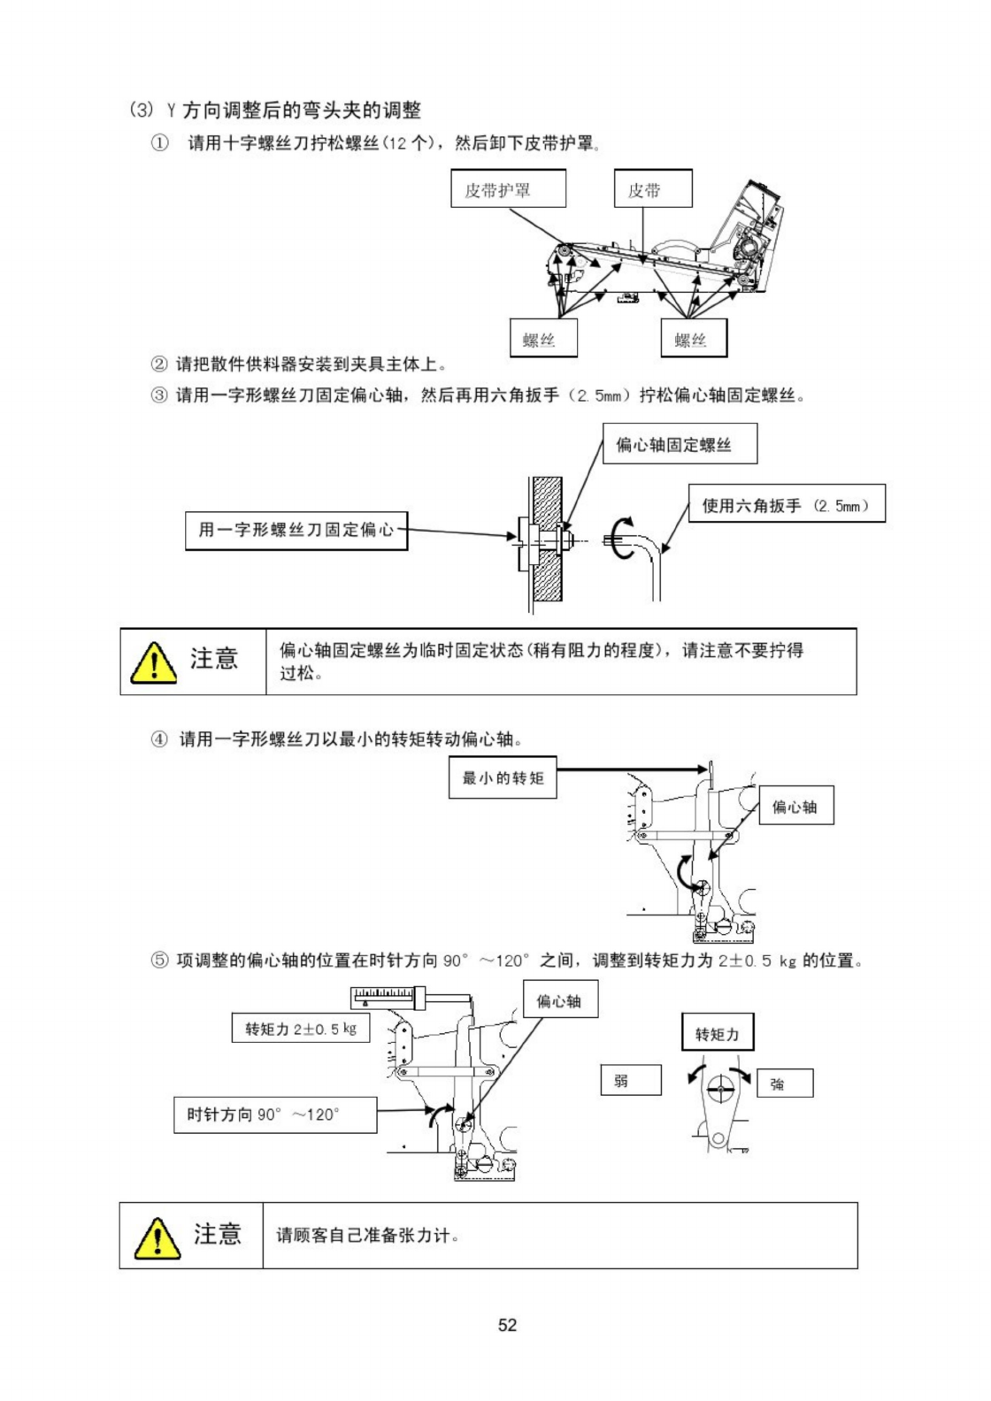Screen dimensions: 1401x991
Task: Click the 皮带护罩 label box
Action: click(509, 189)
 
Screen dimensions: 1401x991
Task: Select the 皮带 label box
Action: click(653, 189)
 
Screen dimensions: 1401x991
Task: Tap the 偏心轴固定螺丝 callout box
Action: click(680, 444)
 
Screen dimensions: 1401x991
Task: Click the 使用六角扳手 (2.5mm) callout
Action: click(787, 505)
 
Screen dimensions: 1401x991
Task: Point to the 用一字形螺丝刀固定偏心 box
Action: click(296, 530)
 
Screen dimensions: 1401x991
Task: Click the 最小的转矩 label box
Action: click(503, 778)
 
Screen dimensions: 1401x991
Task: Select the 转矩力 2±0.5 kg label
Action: click(301, 1029)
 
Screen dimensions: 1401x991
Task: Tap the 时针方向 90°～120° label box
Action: click(275, 1114)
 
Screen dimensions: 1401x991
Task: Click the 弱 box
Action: click(631, 1080)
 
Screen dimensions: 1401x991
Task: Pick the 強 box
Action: click(783, 1083)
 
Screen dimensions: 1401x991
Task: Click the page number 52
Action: click(507, 1324)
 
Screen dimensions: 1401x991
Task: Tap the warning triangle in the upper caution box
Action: click(153, 662)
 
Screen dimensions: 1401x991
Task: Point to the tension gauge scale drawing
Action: click(388, 999)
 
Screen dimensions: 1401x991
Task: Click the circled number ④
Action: click(159, 739)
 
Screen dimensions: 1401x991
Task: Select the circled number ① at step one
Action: click(159, 143)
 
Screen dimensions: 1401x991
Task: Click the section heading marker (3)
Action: click(142, 111)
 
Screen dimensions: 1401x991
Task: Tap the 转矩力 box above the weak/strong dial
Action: click(717, 1033)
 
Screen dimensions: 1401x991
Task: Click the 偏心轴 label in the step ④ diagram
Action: click(795, 807)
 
